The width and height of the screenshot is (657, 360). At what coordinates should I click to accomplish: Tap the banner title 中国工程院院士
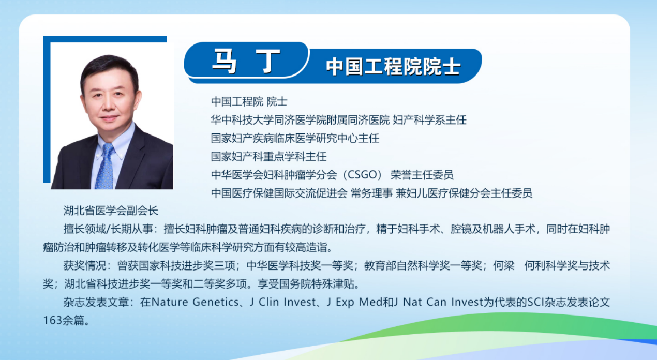(x=393, y=67)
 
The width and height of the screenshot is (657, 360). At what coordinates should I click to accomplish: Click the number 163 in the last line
(x=52, y=320)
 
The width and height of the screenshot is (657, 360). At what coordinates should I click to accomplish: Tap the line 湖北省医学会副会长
(x=111, y=211)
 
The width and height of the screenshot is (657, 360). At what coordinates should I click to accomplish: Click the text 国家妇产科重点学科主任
(x=268, y=157)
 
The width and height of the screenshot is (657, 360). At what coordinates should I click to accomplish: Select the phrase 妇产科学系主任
(x=429, y=120)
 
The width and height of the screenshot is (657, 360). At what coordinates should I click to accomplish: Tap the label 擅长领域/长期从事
(x=108, y=229)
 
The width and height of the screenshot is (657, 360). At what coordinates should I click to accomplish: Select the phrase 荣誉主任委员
(x=422, y=175)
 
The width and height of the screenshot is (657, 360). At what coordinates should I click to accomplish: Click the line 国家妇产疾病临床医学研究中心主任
(x=295, y=138)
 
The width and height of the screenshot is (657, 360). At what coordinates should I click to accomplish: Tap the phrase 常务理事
(x=371, y=193)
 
